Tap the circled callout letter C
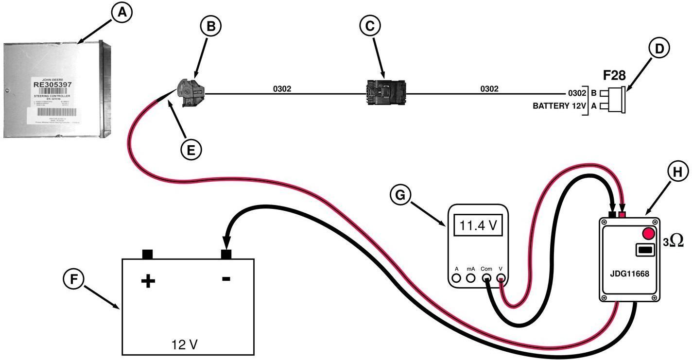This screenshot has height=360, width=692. (370, 26)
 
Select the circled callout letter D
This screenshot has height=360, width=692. (659, 48)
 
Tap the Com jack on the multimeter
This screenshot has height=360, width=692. (486, 278)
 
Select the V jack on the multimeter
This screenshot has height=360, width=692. (501, 278)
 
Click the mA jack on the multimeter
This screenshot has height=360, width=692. (470, 278)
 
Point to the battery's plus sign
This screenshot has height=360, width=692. (147, 281)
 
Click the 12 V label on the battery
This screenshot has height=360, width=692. (185, 344)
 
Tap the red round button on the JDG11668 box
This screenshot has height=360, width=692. (648, 233)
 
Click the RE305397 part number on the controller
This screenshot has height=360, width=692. (52, 84)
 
